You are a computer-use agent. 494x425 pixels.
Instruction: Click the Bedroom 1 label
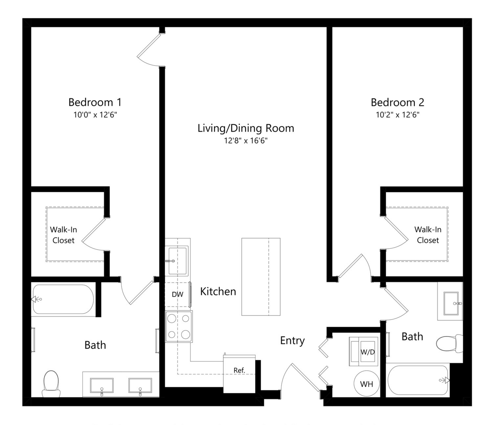click(x=95, y=102)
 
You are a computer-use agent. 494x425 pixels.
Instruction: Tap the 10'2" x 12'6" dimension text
click(x=397, y=115)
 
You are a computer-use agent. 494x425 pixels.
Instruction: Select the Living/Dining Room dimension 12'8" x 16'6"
click(x=246, y=141)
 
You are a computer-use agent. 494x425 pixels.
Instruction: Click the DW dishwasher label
click(x=177, y=294)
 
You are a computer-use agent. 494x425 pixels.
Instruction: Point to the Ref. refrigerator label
click(x=239, y=370)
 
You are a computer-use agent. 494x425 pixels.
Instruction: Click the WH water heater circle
click(x=366, y=384)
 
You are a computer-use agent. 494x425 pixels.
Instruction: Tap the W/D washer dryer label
click(x=367, y=352)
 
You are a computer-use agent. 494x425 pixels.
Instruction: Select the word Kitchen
click(x=218, y=291)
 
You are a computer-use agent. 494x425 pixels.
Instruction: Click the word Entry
click(x=292, y=341)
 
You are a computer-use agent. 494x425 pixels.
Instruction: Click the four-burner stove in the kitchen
click(x=179, y=327)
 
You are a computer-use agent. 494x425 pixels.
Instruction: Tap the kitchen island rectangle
click(x=261, y=277)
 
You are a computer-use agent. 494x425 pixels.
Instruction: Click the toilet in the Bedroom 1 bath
click(x=51, y=384)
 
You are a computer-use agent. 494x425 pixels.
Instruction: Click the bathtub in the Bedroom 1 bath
click(x=63, y=299)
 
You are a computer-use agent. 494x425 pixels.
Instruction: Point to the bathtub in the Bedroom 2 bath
click(x=418, y=380)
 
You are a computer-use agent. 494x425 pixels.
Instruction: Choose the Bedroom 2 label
click(x=397, y=102)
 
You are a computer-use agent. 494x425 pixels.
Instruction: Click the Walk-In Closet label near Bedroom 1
click(x=63, y=235)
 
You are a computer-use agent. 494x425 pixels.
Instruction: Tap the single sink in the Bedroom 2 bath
click(x=451, y=304)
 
